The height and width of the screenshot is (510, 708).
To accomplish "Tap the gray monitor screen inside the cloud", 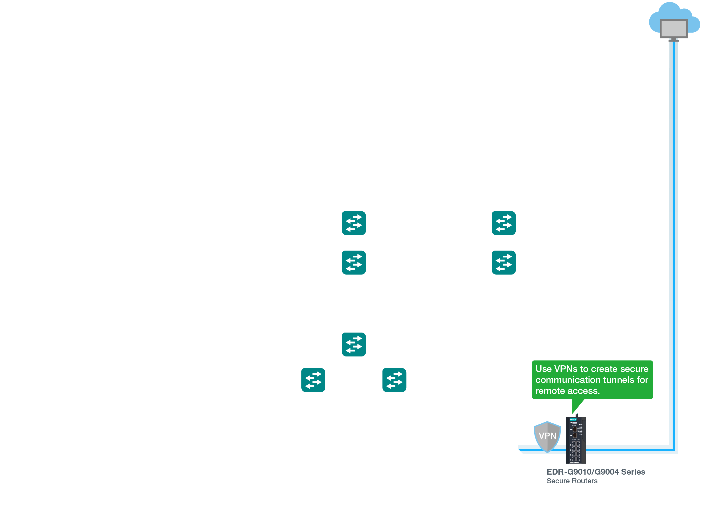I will coord(673,28).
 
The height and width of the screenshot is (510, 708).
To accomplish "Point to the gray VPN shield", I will coord(547,436).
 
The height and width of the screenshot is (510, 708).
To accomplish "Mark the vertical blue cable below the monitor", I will coord(673,218).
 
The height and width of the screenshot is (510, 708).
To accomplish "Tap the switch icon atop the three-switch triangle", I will coord(354,344).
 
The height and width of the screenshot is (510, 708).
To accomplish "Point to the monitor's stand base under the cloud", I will coord(674,40).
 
